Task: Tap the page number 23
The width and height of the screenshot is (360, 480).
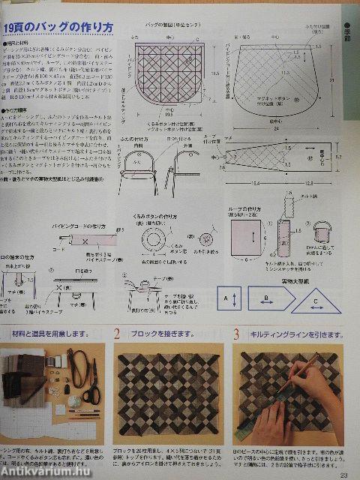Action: [x=343, y=472]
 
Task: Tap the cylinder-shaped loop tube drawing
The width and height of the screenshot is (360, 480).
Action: [x=286, y=239]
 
